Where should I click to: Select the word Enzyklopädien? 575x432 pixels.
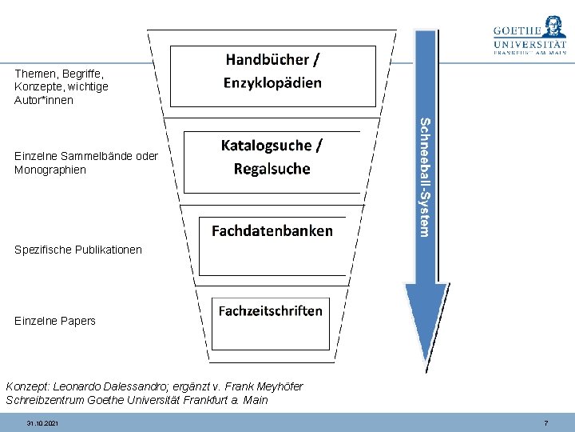272,82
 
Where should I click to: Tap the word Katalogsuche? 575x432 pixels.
267,145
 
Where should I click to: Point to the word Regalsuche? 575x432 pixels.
272,169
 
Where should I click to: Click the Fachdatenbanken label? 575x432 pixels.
272,230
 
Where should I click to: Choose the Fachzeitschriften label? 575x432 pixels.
271,310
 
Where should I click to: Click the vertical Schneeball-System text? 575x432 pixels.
427,177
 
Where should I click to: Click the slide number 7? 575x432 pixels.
545,422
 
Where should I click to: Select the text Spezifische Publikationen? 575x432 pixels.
78,250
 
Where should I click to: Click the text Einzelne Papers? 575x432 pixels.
55,321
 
